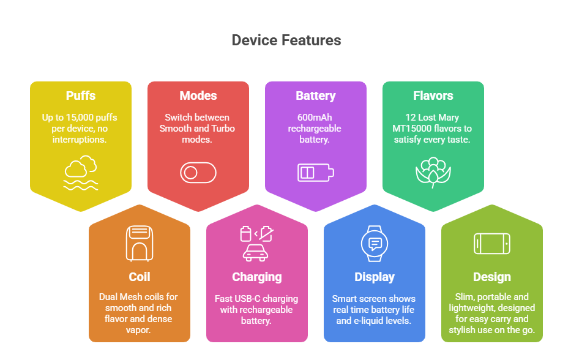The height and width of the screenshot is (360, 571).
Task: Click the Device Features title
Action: tap(286, 40)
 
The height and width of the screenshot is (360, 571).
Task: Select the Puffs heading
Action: tap(81, 96)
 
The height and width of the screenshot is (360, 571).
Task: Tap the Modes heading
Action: tap(198, 96)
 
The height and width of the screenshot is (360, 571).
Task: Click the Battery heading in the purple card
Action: tap(315, 96)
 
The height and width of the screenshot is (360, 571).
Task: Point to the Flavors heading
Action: tap(433, 96)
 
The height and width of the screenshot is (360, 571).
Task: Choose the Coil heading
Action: tap(140, 277)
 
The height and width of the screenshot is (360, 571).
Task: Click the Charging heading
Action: tap(256, 277)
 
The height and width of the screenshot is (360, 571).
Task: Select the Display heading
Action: tap(375, 277)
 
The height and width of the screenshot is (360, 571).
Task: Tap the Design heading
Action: tap(492, 277)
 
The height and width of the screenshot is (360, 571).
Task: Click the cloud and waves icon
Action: tap(81, 173)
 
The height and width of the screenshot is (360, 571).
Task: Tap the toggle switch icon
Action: tap(198, 173)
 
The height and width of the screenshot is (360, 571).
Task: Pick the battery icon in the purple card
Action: tap(315, 173)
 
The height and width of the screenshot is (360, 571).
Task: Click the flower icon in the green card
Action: tap(433, 173)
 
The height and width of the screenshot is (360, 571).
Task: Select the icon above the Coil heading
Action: tap(140, 244)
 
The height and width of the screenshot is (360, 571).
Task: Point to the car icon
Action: tap(255, 253)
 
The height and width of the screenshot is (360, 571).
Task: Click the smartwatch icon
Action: tap(375, 244)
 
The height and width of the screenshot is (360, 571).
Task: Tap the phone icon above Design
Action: tap(492, 244)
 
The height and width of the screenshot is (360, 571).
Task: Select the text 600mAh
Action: tap(315, 118)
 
